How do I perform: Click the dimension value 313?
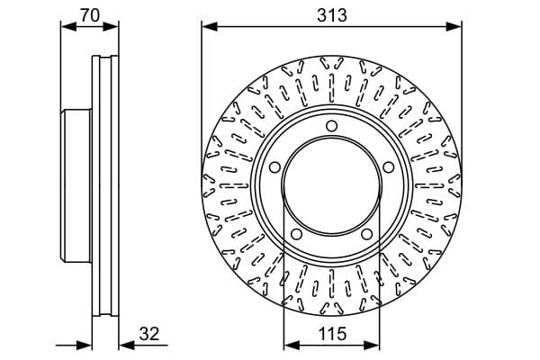[x=331, y=15]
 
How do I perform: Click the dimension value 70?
[x=90, y=15]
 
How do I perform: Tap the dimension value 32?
[x=149, y=334]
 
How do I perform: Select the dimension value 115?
[x=332, y=334]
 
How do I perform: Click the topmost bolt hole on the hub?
[x=331, y=126]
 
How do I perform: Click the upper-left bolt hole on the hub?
[x=274, y=167]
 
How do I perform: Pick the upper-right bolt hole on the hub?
[x=389, y=167]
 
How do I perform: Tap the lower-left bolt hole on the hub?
[x=296, y=234]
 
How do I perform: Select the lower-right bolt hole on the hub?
[x=367, y=234]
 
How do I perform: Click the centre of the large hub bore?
[x=331, y=186]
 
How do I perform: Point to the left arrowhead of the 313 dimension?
[x=210, y=26]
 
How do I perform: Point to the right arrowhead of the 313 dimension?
[x=454, y=26]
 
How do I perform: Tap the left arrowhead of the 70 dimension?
[x=68, y=26]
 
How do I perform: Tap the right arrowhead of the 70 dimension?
[x=111, y=26]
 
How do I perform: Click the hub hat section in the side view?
[x=76, y=186]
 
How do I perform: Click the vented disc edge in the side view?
[x=105, y=186]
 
